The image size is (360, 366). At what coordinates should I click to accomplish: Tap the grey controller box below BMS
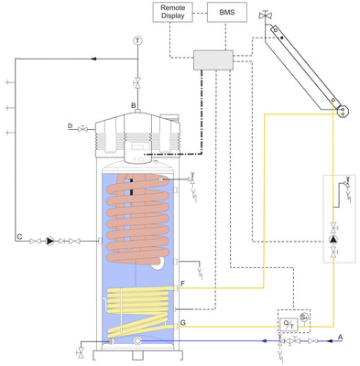[213, 59]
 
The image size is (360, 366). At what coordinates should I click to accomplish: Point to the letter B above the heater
[134, 107]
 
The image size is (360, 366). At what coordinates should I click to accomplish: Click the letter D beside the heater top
[71, 124]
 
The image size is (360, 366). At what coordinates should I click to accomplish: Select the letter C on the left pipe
[18, 240]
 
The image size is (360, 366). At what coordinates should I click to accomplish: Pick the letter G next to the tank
[183, 322]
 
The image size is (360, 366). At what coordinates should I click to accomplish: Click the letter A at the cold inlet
[341, 336]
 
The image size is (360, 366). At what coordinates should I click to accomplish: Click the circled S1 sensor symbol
[305, 316]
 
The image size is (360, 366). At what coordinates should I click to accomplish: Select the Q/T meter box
[290, 323]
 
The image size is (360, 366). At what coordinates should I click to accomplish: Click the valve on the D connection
[85, 125]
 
